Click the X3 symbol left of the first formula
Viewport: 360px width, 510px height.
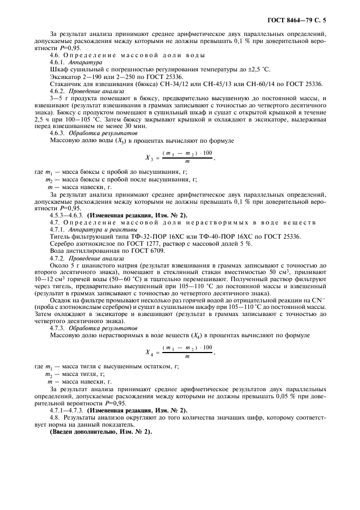(x=148, y=158)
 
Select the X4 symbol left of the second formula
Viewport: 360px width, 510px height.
(x=148, y=353)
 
